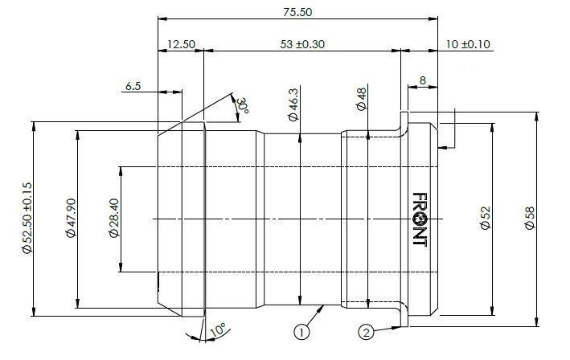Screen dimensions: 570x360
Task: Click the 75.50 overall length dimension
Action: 297,12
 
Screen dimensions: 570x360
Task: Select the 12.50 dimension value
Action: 181,44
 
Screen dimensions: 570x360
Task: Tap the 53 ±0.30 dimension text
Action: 302,44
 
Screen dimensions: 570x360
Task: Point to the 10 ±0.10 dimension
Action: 468,44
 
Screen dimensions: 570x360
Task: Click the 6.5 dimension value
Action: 133,86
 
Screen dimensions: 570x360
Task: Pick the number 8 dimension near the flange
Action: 422,80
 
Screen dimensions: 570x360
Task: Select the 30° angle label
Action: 243,105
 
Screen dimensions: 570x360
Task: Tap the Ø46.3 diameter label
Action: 293,104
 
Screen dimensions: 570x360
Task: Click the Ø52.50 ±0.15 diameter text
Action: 27,218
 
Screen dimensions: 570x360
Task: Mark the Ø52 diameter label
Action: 486,218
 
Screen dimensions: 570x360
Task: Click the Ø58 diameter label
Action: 530,218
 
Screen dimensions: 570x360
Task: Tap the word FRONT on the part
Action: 420,219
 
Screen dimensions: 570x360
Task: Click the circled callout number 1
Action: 301,332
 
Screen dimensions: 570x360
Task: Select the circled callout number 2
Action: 366,332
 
